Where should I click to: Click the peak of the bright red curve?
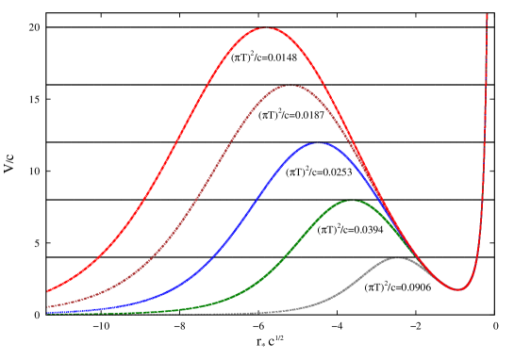click(x=267, y=28)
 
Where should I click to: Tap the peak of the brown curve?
click(x=290, y=86)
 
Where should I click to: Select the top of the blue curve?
click(x=318, y=143)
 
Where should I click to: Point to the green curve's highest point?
click(x=350, y=201)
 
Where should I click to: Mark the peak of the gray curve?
click(x=397, y=257)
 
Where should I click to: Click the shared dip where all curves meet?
click(x=459, y=289)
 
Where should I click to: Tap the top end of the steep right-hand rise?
click(x=487, y=15)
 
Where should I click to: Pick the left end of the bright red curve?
click(x=48, y=291)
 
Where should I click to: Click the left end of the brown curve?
click(x=48, y=306)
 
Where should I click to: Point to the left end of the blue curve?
click(x=48, y=311)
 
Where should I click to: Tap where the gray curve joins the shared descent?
click(x=429, y=275)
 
